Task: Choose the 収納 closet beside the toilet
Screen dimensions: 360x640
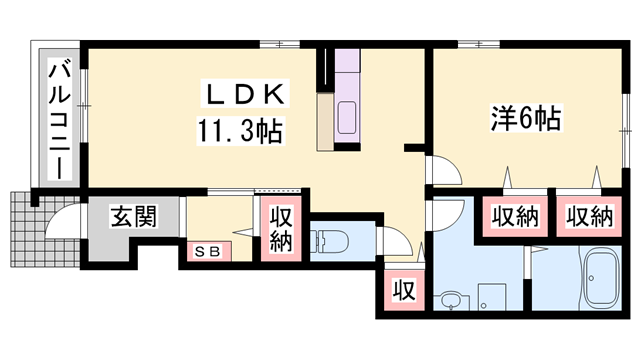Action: [279, 229]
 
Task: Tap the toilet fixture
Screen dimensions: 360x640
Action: [327, 241]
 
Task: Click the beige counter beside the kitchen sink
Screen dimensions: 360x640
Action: [326, 120]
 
